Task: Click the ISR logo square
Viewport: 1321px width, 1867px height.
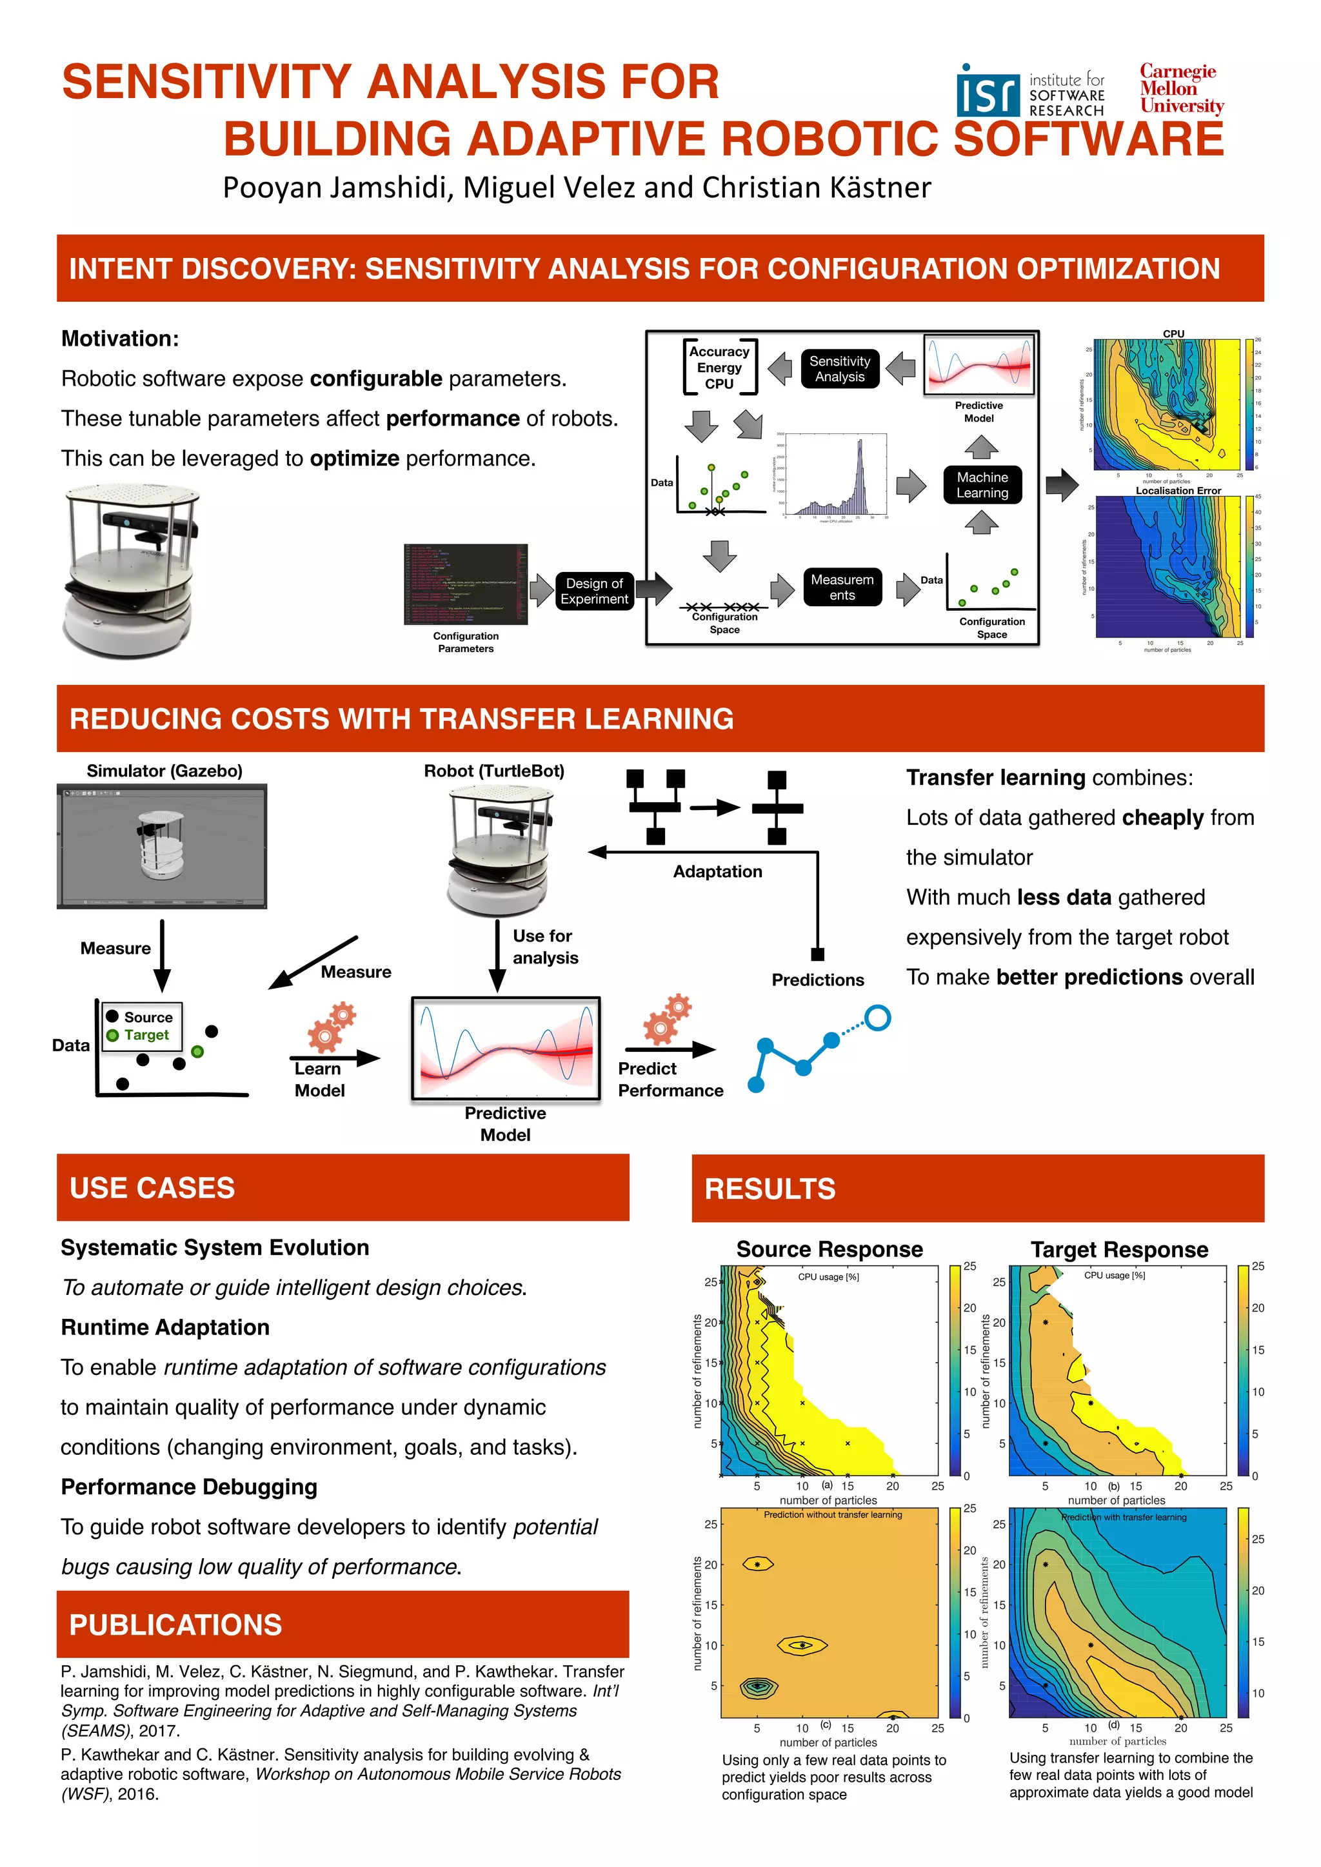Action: (x=988, y=94)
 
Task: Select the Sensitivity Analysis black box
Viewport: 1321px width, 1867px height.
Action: (x=839, y=369)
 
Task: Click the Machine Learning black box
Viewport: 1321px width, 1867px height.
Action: (x=982, y=484)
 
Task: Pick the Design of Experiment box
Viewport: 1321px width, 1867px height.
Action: (x=594, y=591)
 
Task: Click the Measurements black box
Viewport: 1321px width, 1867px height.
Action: (x=842, y=587)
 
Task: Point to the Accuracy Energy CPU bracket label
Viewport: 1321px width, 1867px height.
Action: (x=719, y=368)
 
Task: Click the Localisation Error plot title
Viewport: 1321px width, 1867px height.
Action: (x=1178, y=490)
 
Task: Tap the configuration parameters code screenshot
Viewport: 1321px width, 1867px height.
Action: (x=465, y=584)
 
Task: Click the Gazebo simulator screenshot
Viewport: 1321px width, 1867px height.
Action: (x=162, y=847)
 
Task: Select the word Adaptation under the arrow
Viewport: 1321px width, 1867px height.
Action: (x=717, y=872)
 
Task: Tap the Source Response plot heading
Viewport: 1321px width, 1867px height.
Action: (x=829, y=1249)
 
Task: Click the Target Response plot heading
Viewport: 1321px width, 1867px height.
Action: (x=1119, y=1249)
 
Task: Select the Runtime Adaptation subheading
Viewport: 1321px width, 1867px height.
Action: (x=165, y=1327)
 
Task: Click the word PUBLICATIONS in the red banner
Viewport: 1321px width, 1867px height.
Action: (x=175, y=1625)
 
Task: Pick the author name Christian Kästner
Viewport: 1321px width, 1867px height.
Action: (x=816, y=188)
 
